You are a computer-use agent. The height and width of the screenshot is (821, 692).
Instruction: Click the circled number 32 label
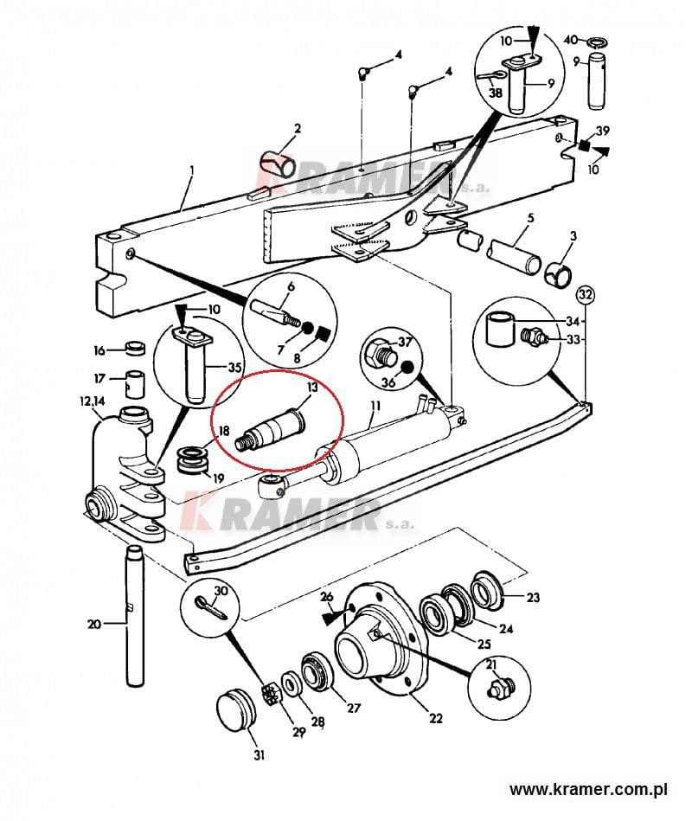[585, 295]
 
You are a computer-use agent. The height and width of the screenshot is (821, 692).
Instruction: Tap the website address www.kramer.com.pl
[588, 788]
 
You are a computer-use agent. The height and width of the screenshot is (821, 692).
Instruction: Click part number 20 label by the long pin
[94, 624]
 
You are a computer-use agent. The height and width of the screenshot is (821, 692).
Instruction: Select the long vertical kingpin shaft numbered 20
[135, 615]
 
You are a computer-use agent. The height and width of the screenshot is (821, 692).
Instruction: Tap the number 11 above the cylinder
[375, 405]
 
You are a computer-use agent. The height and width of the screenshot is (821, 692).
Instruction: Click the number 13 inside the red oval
[312, 388]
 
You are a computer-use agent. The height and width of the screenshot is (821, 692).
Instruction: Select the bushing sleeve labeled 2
[278, 165]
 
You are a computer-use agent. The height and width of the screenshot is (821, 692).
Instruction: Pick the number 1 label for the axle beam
[192, 170]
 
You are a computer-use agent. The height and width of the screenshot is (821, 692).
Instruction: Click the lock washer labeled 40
[596, 42]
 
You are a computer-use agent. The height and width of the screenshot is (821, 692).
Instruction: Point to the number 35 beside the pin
[234, 367]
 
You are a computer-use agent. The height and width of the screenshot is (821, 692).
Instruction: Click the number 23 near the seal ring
[533, 597]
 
